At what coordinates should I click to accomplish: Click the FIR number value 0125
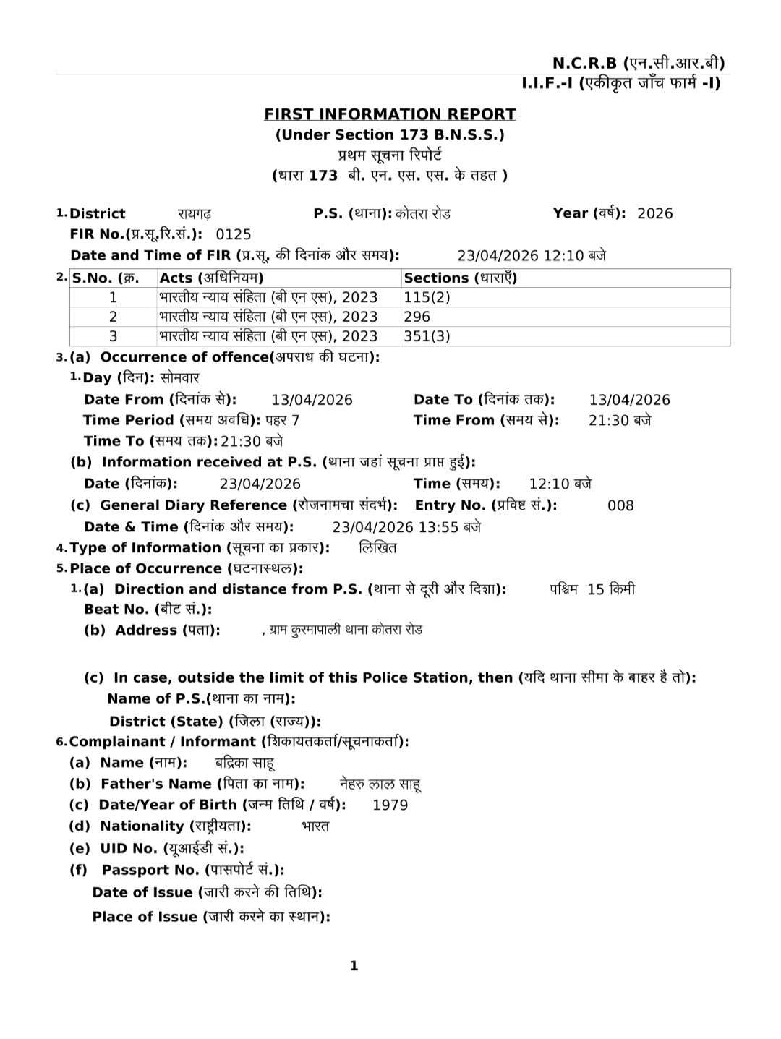[x=234, y=234]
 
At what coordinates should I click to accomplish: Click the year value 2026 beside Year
[x=654, y=213]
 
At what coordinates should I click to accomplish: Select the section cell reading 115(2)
[x=427, y=297]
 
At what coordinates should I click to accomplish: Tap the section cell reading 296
[x=417, y=317]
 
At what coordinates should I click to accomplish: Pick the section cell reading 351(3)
[x=427, y=336]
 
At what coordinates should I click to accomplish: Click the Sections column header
[x=460, y=278]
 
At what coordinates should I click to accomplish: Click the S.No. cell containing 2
[x=113, y=317]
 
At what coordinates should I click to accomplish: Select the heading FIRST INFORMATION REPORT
[x=390, y=114]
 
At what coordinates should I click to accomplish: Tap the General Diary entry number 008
[x=620, y=505]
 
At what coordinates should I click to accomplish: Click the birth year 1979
[x=390, y=805]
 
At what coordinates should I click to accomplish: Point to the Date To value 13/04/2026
[x=629, y=400]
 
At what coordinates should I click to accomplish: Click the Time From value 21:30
[x=619, y=421]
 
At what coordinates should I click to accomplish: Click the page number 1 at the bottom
[x=354, y=966]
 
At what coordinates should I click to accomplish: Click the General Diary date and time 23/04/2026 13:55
[x=406, y=527]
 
